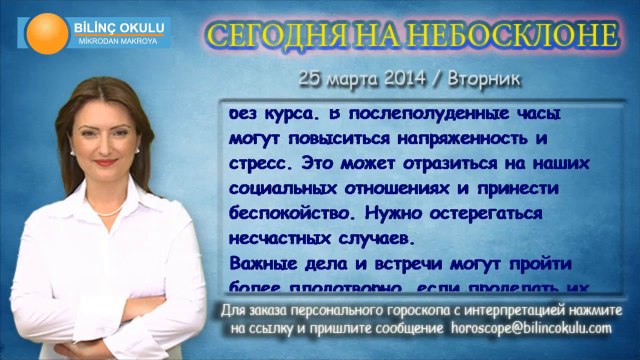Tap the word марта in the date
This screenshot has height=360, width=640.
(x=345, y=76)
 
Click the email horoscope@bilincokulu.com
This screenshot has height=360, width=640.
(x=531, y=327)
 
